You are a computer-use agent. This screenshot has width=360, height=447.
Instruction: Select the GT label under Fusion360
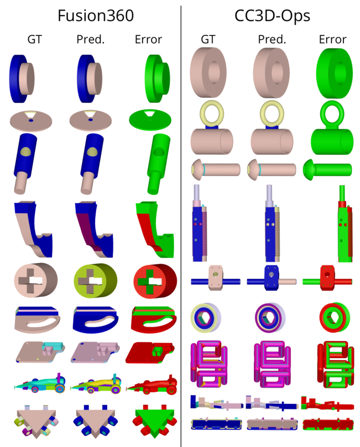tap(35, 39)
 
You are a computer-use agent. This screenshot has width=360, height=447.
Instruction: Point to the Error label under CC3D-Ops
tap(332, 39)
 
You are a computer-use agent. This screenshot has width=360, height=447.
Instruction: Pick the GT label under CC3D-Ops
tap(208, 39)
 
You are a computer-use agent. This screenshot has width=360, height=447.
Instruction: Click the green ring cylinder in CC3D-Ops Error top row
tap(333, 72)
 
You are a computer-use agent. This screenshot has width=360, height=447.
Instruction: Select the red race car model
tap(149, 384)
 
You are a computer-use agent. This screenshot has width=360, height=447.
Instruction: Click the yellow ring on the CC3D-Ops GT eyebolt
tap(211, 112)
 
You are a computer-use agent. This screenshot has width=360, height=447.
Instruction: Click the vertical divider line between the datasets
tap(181, 221)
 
